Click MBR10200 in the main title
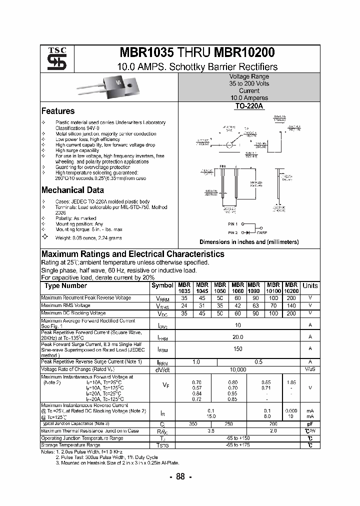tap(244, 53)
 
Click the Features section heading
tap(58, 111)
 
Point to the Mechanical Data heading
tap(72, 190)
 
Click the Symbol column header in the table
tap(161, 285)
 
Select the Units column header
tap(310, 285)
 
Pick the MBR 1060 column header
tap(237, 287)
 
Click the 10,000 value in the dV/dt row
tap(237, 369)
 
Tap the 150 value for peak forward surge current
tap(237, 349)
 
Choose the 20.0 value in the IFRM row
tap(237, 337)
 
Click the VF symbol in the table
tap(166, 385)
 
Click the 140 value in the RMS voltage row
tap(291, 305)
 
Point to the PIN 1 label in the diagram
tap(233, 224)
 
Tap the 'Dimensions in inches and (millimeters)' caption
tap(249, 242)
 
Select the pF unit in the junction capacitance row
tap(310, 423)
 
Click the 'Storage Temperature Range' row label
tap(70, 444)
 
